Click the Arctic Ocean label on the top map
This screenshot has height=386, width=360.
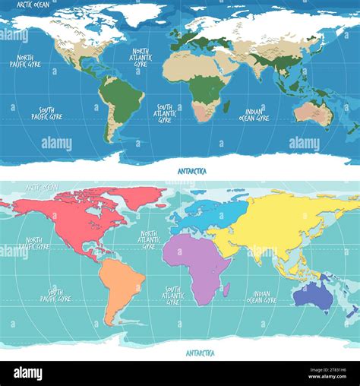coord(33,5)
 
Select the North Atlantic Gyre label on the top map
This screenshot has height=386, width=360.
coord(140,57)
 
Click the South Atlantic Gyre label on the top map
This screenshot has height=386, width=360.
coord(164,113)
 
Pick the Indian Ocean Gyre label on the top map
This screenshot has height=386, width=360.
coord(254,115)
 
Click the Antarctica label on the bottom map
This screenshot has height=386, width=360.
coord(200,353)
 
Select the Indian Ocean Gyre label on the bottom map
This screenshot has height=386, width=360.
coord(261,297)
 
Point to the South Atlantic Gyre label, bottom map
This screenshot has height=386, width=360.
coord(172,296)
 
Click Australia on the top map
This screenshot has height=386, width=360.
coord(310,112)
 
